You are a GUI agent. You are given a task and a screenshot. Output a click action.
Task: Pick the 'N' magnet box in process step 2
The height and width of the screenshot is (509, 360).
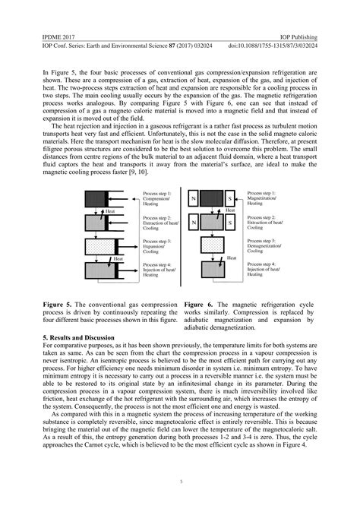coord(195,223)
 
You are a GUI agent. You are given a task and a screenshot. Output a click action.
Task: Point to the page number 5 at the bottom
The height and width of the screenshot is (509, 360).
coord(180,481)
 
